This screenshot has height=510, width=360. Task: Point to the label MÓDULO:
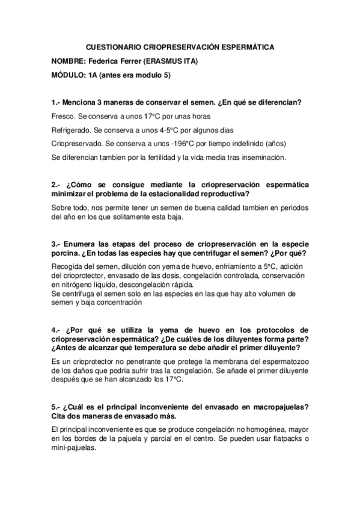click(x=69, y=75)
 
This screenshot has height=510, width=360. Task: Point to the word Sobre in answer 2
click(x=63, y=207)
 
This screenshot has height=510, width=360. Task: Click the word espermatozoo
click(x=282, y=361)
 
